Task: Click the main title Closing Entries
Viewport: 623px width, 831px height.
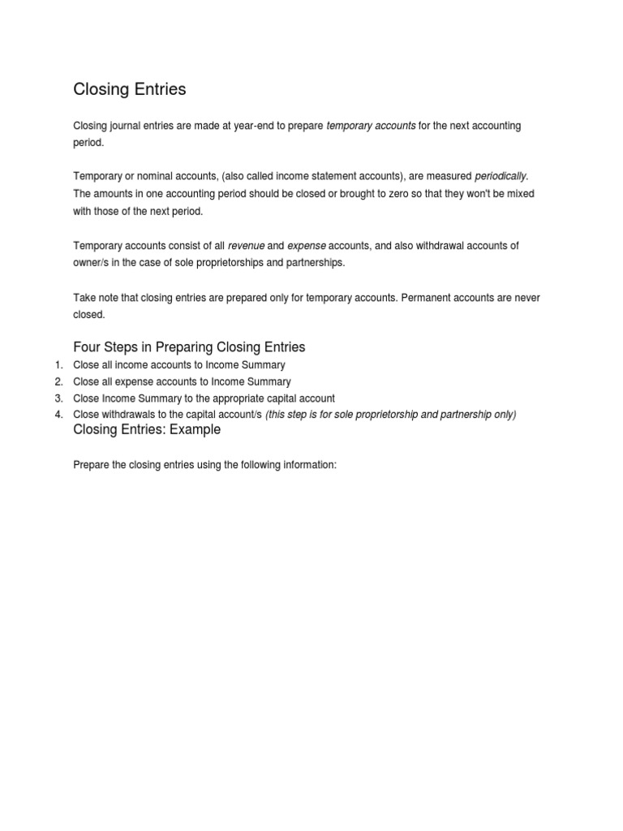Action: [x=130, y=90]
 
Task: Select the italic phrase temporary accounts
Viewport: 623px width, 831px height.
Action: [x=371, y=126]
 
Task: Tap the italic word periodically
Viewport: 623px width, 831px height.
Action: [x=501, y=176]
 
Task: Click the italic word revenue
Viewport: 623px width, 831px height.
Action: [x=246, y=246]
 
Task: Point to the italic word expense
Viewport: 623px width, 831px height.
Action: [x=307, y=246]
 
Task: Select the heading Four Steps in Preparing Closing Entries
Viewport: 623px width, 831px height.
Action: [x=189, y=347]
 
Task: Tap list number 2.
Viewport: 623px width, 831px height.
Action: [x=58, y=382]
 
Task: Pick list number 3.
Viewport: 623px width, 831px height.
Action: [x=58, y=398]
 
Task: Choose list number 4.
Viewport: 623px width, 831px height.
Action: [x=58, y=415]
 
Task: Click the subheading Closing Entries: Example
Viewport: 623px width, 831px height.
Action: [x=147, y=430]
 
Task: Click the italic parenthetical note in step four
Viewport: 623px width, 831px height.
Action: [x=391, y=415]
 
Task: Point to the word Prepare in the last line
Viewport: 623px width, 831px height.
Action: [x=92, y=466]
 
